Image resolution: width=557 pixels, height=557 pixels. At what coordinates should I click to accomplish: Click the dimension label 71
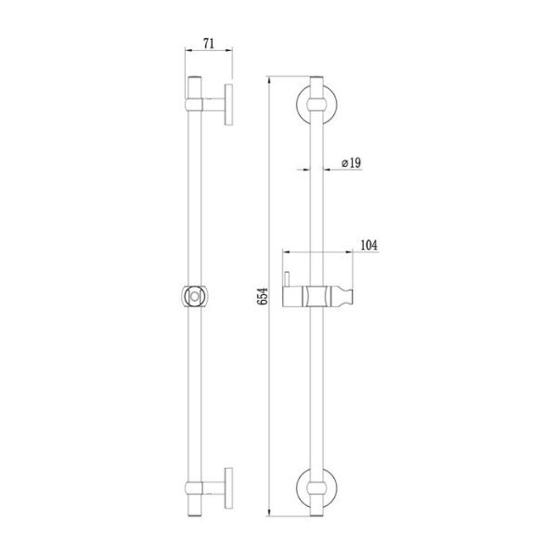(x=209, y=44)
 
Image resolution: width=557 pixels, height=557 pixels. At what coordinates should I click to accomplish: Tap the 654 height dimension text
(x=263, y=296)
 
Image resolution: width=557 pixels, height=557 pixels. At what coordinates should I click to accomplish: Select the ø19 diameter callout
(x=351, y=163)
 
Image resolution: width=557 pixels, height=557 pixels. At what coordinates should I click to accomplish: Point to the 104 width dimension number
(x=369, y=245)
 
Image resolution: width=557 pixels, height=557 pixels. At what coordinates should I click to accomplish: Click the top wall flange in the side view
(x=228, y=104)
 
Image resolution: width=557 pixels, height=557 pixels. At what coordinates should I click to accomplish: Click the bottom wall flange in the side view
(x=228, y=487)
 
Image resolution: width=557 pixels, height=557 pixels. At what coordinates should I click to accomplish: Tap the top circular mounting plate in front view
(x=298, y=104)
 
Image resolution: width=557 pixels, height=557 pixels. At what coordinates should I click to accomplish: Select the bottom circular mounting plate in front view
(x=298, y=487)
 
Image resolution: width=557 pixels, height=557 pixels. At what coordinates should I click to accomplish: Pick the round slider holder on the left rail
(x=195, y=296)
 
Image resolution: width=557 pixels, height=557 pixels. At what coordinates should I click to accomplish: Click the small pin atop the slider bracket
(x=287, y=278)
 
